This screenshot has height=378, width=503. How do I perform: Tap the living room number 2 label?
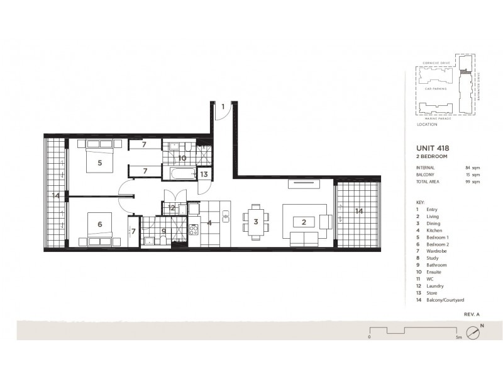click(x=303, y=222)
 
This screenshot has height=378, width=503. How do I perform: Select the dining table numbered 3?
click(x=256, y=222)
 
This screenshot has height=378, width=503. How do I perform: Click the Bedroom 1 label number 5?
click(x=99, y=162)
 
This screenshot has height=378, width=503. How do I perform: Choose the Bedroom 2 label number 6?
click(x=99, y=224)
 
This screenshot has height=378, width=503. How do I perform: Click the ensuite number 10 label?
click(x=181, y=158)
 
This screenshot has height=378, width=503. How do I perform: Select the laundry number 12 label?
click(x=172, y=207)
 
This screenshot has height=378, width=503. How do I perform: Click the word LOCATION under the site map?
click(x=427, y=125)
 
